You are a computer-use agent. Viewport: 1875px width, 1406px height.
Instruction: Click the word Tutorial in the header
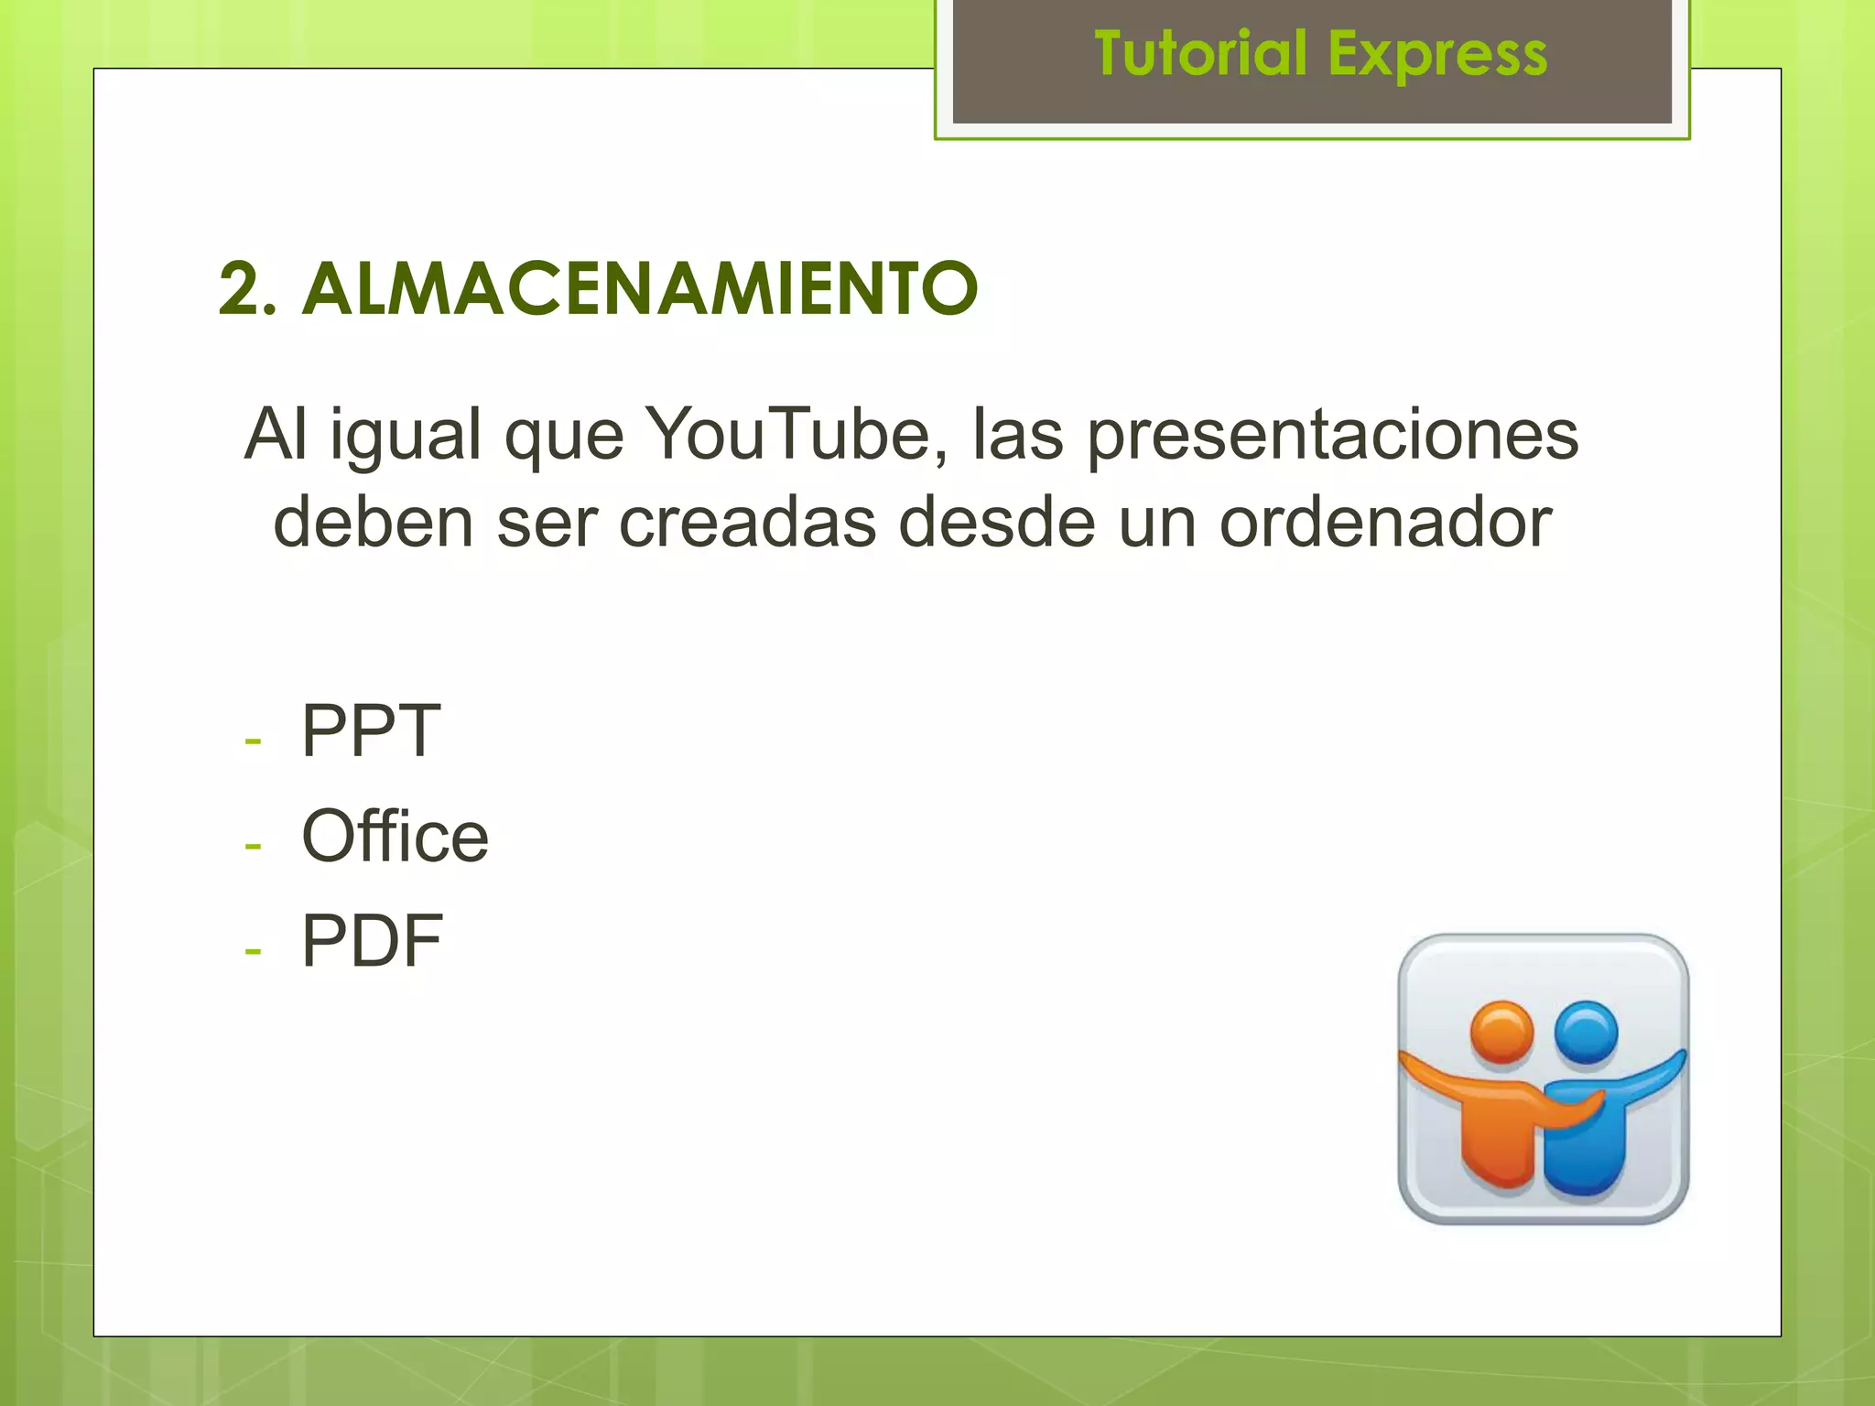(1200, 53)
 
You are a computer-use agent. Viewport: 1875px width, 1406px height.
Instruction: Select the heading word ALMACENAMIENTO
(640, 288)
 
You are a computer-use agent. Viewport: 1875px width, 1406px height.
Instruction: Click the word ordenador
(1385, 522)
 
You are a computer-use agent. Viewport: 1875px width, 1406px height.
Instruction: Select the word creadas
(747, 522)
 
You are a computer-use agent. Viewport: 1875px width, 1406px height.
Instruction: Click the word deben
(374, 522)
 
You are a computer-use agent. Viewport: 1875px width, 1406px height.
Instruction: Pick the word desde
(997, 522)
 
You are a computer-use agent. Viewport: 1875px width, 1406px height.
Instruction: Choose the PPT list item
(371, 730)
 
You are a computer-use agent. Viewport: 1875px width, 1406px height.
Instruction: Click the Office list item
(395, 836)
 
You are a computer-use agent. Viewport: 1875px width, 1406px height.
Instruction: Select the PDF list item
(372, 941)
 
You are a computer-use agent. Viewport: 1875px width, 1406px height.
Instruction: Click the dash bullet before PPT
(253, 740)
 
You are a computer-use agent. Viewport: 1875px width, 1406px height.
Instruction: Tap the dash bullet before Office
(253, 845)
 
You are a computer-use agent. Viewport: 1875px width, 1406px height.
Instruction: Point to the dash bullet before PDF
(253, 951)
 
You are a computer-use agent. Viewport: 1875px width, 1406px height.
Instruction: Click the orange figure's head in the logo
(1501, 1033)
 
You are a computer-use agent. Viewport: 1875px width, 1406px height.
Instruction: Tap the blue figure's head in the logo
(1586, 1033)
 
